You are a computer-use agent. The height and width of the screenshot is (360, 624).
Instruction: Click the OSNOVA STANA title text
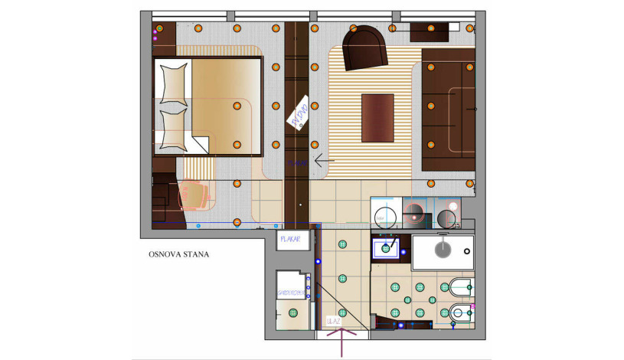point(178,254)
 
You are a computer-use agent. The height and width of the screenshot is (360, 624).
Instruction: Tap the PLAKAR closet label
point(289,240)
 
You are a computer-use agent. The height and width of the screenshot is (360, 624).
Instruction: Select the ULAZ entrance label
point(333,321)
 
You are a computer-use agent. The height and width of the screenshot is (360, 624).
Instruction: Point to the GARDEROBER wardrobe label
point(290,293)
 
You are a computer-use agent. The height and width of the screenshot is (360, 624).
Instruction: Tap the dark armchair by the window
point(365,47)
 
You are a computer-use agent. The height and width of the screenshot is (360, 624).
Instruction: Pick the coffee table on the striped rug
point(377,117)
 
